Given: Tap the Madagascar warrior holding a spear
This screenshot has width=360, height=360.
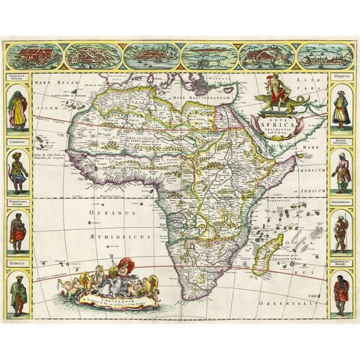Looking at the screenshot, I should tap(341, 232).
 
